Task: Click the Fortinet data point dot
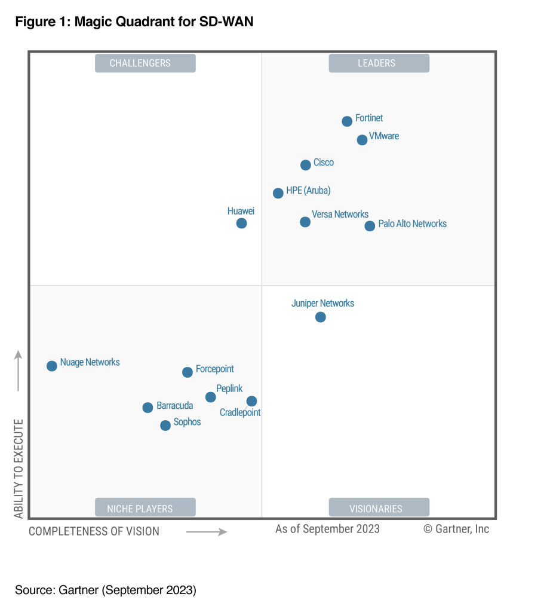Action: click(347, 121)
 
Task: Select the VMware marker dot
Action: click(362, 140)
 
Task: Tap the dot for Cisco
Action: click(305, 165)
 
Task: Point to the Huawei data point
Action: click(241, 223)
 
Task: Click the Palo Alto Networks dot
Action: click(370, 226)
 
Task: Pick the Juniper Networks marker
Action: click(321, 317)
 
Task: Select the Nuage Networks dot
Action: click(52, 366)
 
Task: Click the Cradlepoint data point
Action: click(252, 401)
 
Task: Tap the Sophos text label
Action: click(187, 422)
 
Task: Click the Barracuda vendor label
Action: click(174, 406)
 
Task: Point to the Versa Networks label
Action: click(340, 214)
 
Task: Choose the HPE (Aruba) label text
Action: click(308, 191)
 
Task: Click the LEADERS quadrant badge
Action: click(379, 63)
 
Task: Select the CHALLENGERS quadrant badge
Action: click(145, 63)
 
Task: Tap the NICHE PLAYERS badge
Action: click(145, 509)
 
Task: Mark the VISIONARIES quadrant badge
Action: click(379, 509)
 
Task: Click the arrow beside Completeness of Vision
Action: click(207, 531)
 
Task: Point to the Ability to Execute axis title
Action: click(19, 469)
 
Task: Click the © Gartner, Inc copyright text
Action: click(456, 529)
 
